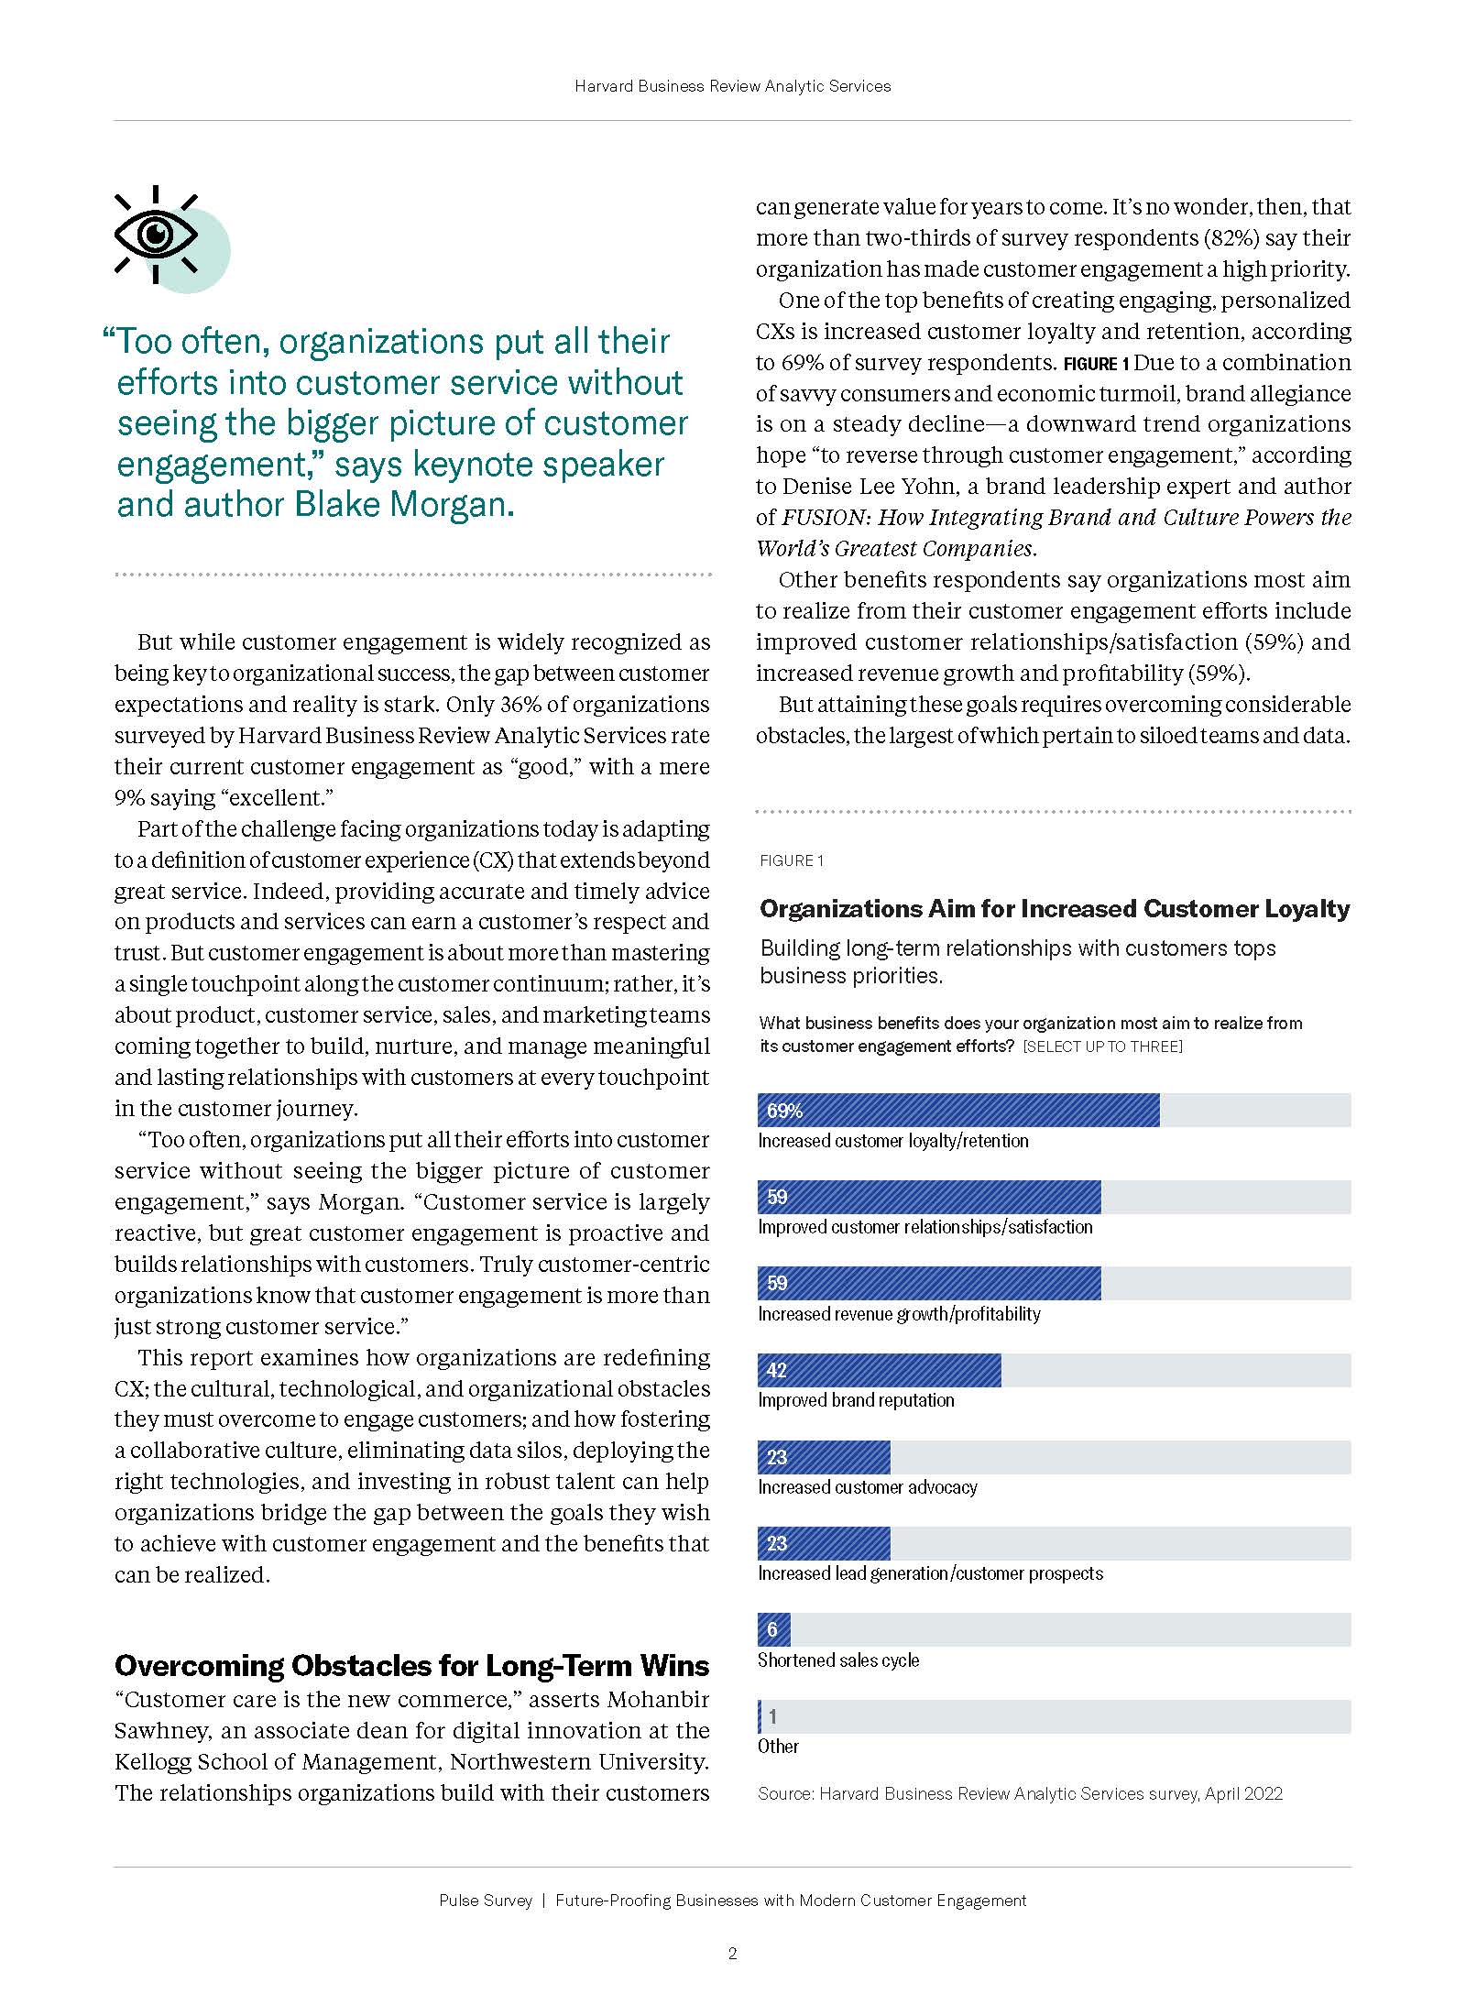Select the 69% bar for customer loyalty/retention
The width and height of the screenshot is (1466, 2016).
point(957,1110)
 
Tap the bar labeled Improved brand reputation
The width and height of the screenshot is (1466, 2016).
point(879,1370)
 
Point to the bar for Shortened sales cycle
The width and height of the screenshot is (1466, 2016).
point(773,1629)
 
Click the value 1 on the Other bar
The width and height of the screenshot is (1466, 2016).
point(772,1716)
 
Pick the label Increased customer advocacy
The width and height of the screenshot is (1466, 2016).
point(867,1487)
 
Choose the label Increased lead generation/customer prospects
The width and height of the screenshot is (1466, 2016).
point(930,1573)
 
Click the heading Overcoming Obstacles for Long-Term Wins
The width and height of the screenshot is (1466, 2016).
point(411,1665)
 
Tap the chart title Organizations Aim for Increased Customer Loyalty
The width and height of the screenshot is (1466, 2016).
point(1055,908)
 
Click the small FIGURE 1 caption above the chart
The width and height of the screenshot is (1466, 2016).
point(792,860)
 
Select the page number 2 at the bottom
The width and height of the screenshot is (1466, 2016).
point(732,1953)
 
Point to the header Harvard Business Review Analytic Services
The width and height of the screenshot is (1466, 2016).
point(732,86)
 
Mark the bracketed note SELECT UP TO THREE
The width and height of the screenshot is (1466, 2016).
point(1102,1046)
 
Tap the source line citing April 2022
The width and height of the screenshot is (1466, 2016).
point(1020,1793)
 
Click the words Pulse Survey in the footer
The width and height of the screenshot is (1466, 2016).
point(485,1901)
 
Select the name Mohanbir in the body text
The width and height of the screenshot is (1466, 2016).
point(658,1700)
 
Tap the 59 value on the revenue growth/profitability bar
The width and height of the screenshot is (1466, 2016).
point(777,1283)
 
